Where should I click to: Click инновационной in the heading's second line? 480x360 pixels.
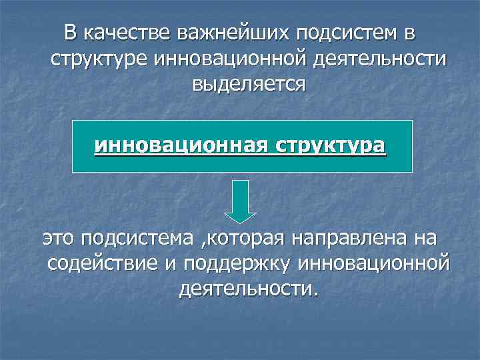tap(232, 59)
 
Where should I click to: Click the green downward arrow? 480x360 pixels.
tap(240, 201)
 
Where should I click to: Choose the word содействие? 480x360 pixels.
tap(101, 263)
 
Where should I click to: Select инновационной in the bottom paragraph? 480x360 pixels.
tap(375, 263)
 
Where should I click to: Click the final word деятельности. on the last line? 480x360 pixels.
tap(249, 289)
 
